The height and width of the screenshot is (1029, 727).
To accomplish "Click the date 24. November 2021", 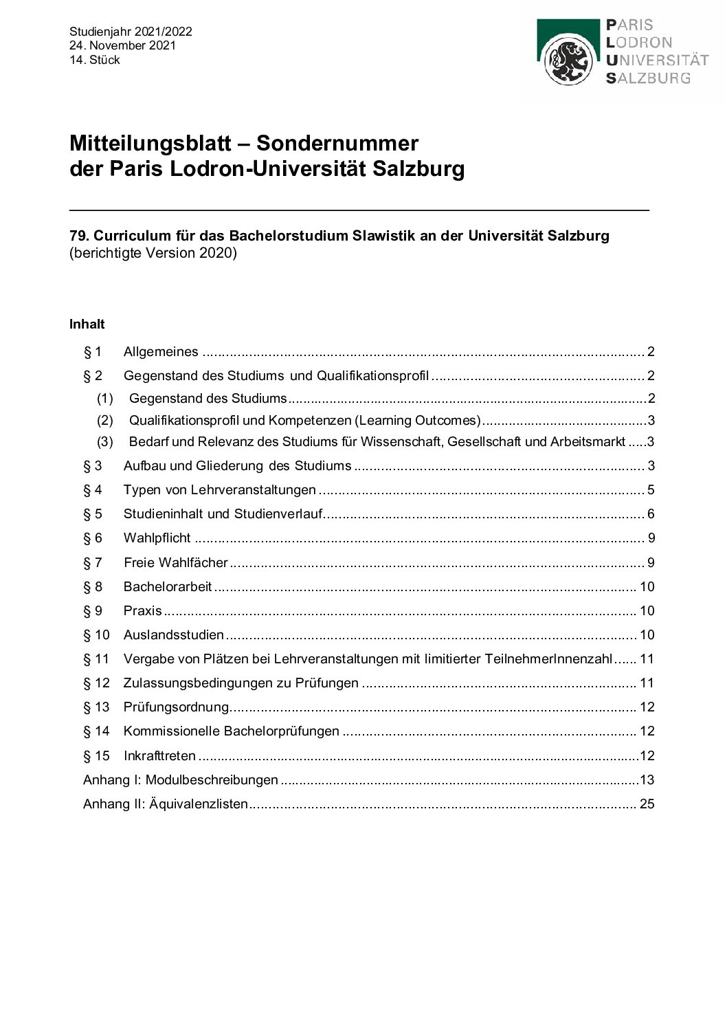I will tap(122, 45).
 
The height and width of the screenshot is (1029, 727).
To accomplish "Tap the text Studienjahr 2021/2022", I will tap(131, 32).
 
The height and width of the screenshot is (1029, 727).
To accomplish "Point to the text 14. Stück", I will tap(95, 60).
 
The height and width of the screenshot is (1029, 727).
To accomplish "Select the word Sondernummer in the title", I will tap(337, 143).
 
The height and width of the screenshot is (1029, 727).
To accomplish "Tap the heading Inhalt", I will tap(87, 324).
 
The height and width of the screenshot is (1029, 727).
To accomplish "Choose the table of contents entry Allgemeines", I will tap(161, 352).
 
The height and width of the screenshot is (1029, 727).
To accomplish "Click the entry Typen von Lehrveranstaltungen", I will tap(220, 490).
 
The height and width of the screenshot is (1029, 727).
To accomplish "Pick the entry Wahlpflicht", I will tap(157, 538).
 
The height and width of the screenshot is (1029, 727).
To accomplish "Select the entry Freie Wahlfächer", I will tap(176, 563).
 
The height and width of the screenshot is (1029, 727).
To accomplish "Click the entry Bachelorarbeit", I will tap(168, 587).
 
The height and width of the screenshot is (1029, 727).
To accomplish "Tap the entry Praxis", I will tap(143, 611).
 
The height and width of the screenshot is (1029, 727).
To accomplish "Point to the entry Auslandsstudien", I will tap(174, 635).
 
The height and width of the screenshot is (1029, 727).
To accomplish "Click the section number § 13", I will tap(96, 707).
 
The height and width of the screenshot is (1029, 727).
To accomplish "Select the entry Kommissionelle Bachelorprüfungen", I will tap(232, 731).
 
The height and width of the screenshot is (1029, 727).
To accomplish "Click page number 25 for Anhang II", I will tap(647, 804).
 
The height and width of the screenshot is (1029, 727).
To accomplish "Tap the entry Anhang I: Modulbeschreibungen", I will tap(181, 780).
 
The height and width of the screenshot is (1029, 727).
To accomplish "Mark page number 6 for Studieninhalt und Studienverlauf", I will tap(651, 514).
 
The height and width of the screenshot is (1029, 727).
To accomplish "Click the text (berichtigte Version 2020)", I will tap(153, 253).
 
